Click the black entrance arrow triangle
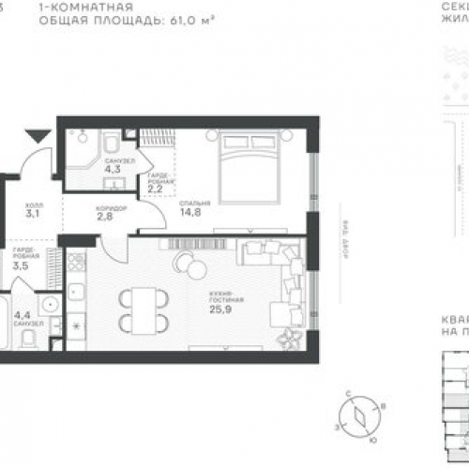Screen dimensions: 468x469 [37, 137]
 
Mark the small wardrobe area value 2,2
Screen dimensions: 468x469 [156, 187]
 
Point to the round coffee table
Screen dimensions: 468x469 [196, 269]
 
